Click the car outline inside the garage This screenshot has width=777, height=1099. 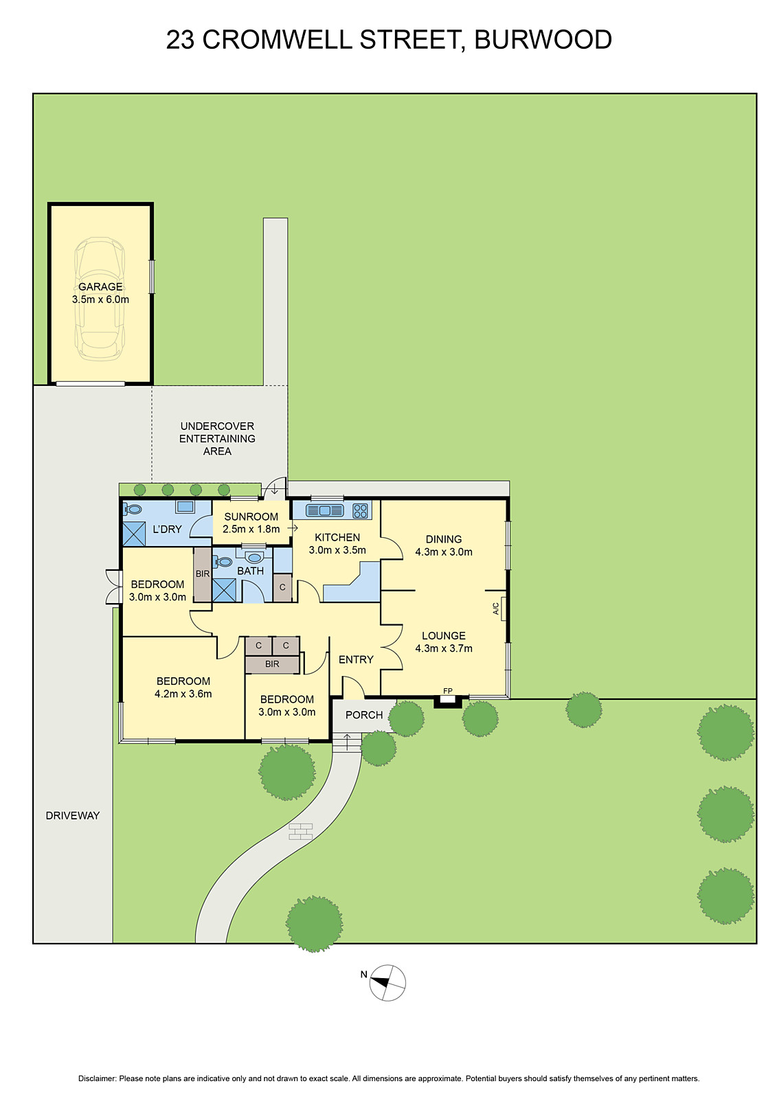(x=100, y=299)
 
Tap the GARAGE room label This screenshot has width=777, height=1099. (x=100, y=286)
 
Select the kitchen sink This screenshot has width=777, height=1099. (x=324, y=510)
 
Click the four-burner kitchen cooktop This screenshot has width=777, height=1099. (x=360, y=511)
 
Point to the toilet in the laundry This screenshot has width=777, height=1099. (x=133, y=510)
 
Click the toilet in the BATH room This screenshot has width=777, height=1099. (x=222, y=561)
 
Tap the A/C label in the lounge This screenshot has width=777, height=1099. (x=496, y=609)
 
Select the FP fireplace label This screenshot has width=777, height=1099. (x=448, y=691)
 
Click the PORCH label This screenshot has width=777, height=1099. (x=364, y=715)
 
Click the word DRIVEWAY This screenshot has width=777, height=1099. (x=73, y=815)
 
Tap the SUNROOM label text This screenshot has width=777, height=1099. (x=251, y=517)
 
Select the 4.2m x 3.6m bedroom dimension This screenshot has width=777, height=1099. (x=183, y=694)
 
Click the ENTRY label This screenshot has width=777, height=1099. (x=356, y=659)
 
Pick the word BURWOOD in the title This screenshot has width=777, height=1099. (x=543, y=40)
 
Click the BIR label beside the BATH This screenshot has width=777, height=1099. (x=203, y=574)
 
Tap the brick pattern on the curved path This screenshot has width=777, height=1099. (x=301, y=831)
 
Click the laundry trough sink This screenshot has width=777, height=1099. (x=185, y=507)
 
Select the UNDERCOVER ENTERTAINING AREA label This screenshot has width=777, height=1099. (x=217, y=439)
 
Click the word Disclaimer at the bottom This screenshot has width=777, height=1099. (x=97, y=1078)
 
